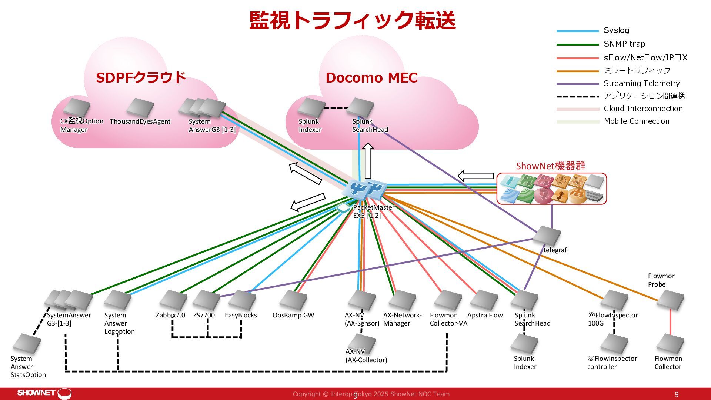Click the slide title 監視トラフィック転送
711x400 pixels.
click(352, 20)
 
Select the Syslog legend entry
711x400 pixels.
click(616, 30)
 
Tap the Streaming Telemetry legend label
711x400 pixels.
click(642, 83)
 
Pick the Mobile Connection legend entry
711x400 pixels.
click(637, 121)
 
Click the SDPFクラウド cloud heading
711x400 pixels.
click(140, 77)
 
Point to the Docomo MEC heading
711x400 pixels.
click(371, 78)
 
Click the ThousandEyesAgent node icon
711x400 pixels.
click(140, 107)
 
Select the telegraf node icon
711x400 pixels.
click(547, 236)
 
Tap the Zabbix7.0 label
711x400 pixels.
click(170, 315)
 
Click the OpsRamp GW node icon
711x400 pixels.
click(293, 300)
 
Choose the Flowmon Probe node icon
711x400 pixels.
click(670, 300)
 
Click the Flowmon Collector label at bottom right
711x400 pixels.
click(668, 363)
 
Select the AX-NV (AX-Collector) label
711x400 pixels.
click(366, 356)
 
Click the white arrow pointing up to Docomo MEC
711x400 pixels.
click(368, 161)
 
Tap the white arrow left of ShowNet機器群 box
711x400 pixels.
click(475, 176)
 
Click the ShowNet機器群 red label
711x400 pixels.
click(551, 166)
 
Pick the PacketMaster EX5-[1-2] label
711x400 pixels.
click(374, 211)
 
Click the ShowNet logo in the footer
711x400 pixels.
click(44, 393)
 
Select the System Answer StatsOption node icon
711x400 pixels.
click(27, 344)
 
